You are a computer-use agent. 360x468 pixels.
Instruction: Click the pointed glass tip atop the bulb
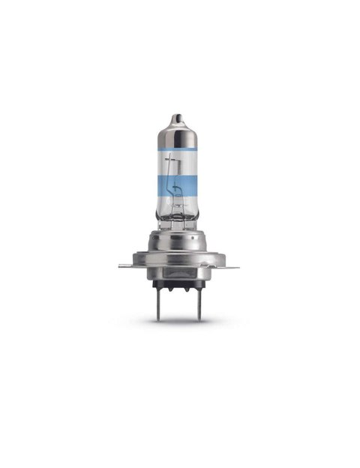[177, 119]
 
